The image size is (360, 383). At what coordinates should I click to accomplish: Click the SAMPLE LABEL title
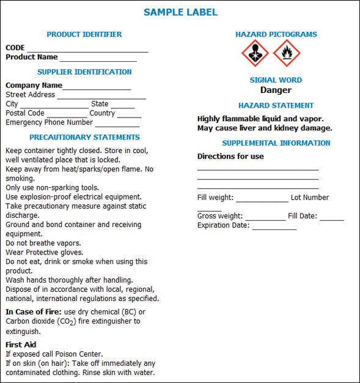[180, 12]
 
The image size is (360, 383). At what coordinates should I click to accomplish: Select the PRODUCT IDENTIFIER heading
[84, 34]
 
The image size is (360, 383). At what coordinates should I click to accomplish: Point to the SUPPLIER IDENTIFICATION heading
[84, 72]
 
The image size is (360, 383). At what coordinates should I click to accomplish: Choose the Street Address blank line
[101, 97]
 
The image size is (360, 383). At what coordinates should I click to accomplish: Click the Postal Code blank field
[67, 115]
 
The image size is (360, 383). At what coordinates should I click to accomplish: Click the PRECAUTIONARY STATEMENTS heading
[84, 137]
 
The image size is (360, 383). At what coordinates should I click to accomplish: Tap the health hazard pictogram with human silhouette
[255, 54]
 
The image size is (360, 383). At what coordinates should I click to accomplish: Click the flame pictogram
[287, 54]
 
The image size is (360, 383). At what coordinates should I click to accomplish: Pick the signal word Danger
[276, 90]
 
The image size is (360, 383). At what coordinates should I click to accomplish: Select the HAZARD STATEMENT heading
[276, 105]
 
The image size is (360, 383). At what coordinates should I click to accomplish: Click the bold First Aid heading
[21, 344]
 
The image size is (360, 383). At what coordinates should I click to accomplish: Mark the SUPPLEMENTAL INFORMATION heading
[276, 143]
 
